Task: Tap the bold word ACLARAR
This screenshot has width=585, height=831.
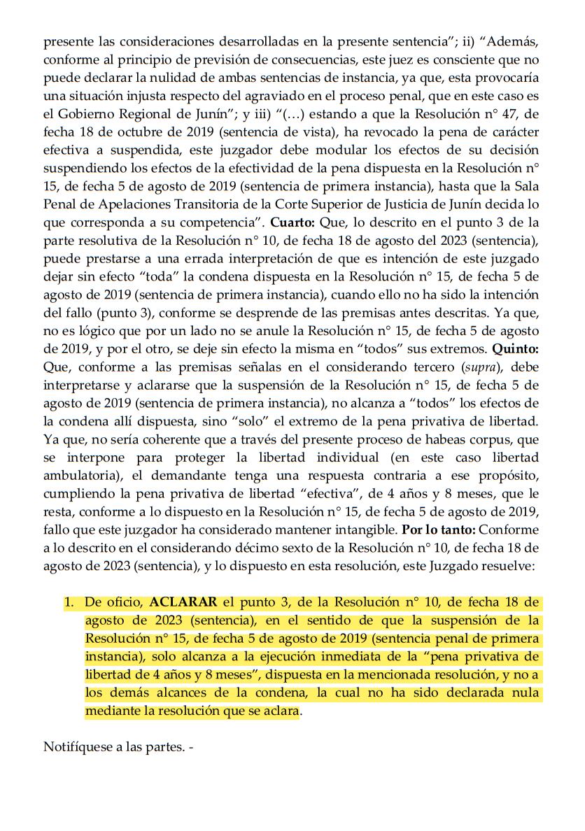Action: coord(182,602)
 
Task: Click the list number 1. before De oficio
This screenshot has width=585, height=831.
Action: coord(69,602)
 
